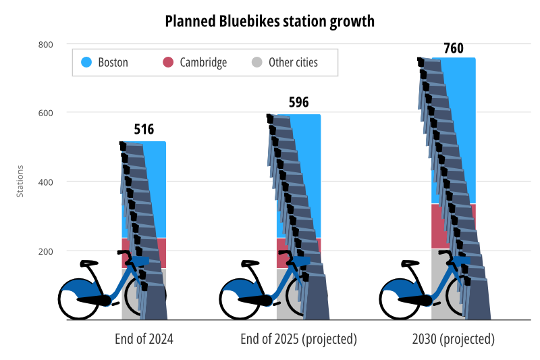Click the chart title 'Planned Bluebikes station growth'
coord(270,22)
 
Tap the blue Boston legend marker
coord(86,63)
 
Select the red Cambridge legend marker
coord(168,63)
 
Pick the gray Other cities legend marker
coord(256,63)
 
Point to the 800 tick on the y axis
coord(45,45)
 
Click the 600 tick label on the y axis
coord(45,113)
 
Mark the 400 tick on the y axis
coord(45,182)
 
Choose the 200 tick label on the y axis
coord(45,251)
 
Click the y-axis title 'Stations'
coord(20,181)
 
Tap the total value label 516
coord(144,130)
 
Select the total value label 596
coord(298,103)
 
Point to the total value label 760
coord(454,49)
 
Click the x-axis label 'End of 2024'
coord(144,339)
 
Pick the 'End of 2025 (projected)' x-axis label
coord(298,339)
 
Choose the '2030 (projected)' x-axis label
coord(454,339)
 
